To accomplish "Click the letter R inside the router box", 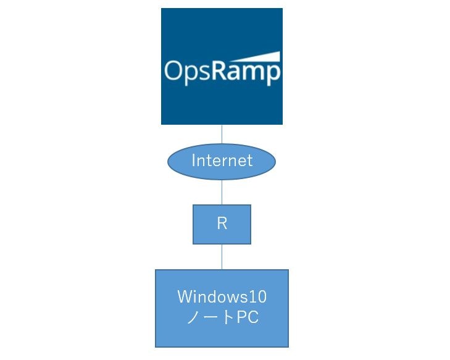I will (222, 224).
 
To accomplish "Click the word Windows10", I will (222, 297).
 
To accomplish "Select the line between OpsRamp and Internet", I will (222, 135).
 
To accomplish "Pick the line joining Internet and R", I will (222, 192).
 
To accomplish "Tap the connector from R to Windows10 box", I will (222, 256).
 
